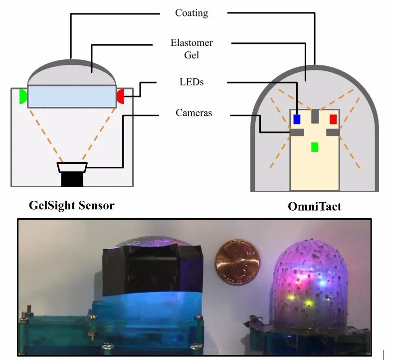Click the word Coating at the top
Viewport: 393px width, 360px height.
[192, 13]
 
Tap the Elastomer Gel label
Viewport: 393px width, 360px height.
[192, 48]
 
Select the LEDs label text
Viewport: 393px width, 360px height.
[192, 82]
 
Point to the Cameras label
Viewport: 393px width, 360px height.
[194, 113]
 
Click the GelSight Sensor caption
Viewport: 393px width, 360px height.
[72, 205]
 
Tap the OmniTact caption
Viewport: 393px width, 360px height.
[315, 207]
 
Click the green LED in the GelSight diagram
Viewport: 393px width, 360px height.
[23, 96]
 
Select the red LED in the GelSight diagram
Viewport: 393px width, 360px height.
[121, 96]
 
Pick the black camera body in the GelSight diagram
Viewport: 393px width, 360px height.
[72, 179]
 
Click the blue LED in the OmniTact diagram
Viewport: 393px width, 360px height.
[297, 119]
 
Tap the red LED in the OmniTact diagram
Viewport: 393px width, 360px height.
[333, 119]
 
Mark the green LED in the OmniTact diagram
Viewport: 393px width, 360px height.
[315, 147]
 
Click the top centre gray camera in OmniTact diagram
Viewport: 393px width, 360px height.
[315, 116]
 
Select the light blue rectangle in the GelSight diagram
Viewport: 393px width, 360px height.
[72, 97]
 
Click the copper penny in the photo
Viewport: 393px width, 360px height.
[237, 262]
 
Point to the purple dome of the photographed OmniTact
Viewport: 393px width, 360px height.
[310, 284]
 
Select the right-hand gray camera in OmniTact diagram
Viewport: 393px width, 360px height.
[333, 132]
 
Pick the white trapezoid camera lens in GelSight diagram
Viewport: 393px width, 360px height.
[72, 167]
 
